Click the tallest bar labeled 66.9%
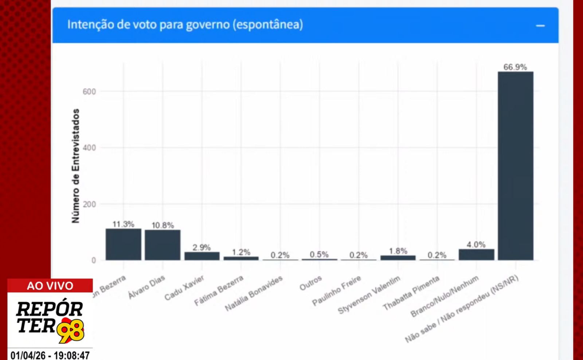tap(515, 166)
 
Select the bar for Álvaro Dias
tap(163, 245)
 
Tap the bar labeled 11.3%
tap(124, 244)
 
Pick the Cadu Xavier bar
tap(202, 256)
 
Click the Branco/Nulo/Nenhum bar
tap(476, 254)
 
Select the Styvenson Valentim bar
tap(398, 258)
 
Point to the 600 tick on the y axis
tap(89, 91)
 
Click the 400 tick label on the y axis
tap(89, 148)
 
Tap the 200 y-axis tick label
tap(89, 204)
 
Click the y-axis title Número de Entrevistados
tap(75, 166)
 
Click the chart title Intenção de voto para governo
tap(185, 25)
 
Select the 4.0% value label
tap(476, 244)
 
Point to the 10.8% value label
tap(163, 225)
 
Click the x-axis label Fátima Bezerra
tap(219, 290)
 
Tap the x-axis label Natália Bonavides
tap(254, 293)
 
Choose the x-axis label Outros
tap(311, 283)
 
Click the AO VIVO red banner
tap(50, 286)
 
